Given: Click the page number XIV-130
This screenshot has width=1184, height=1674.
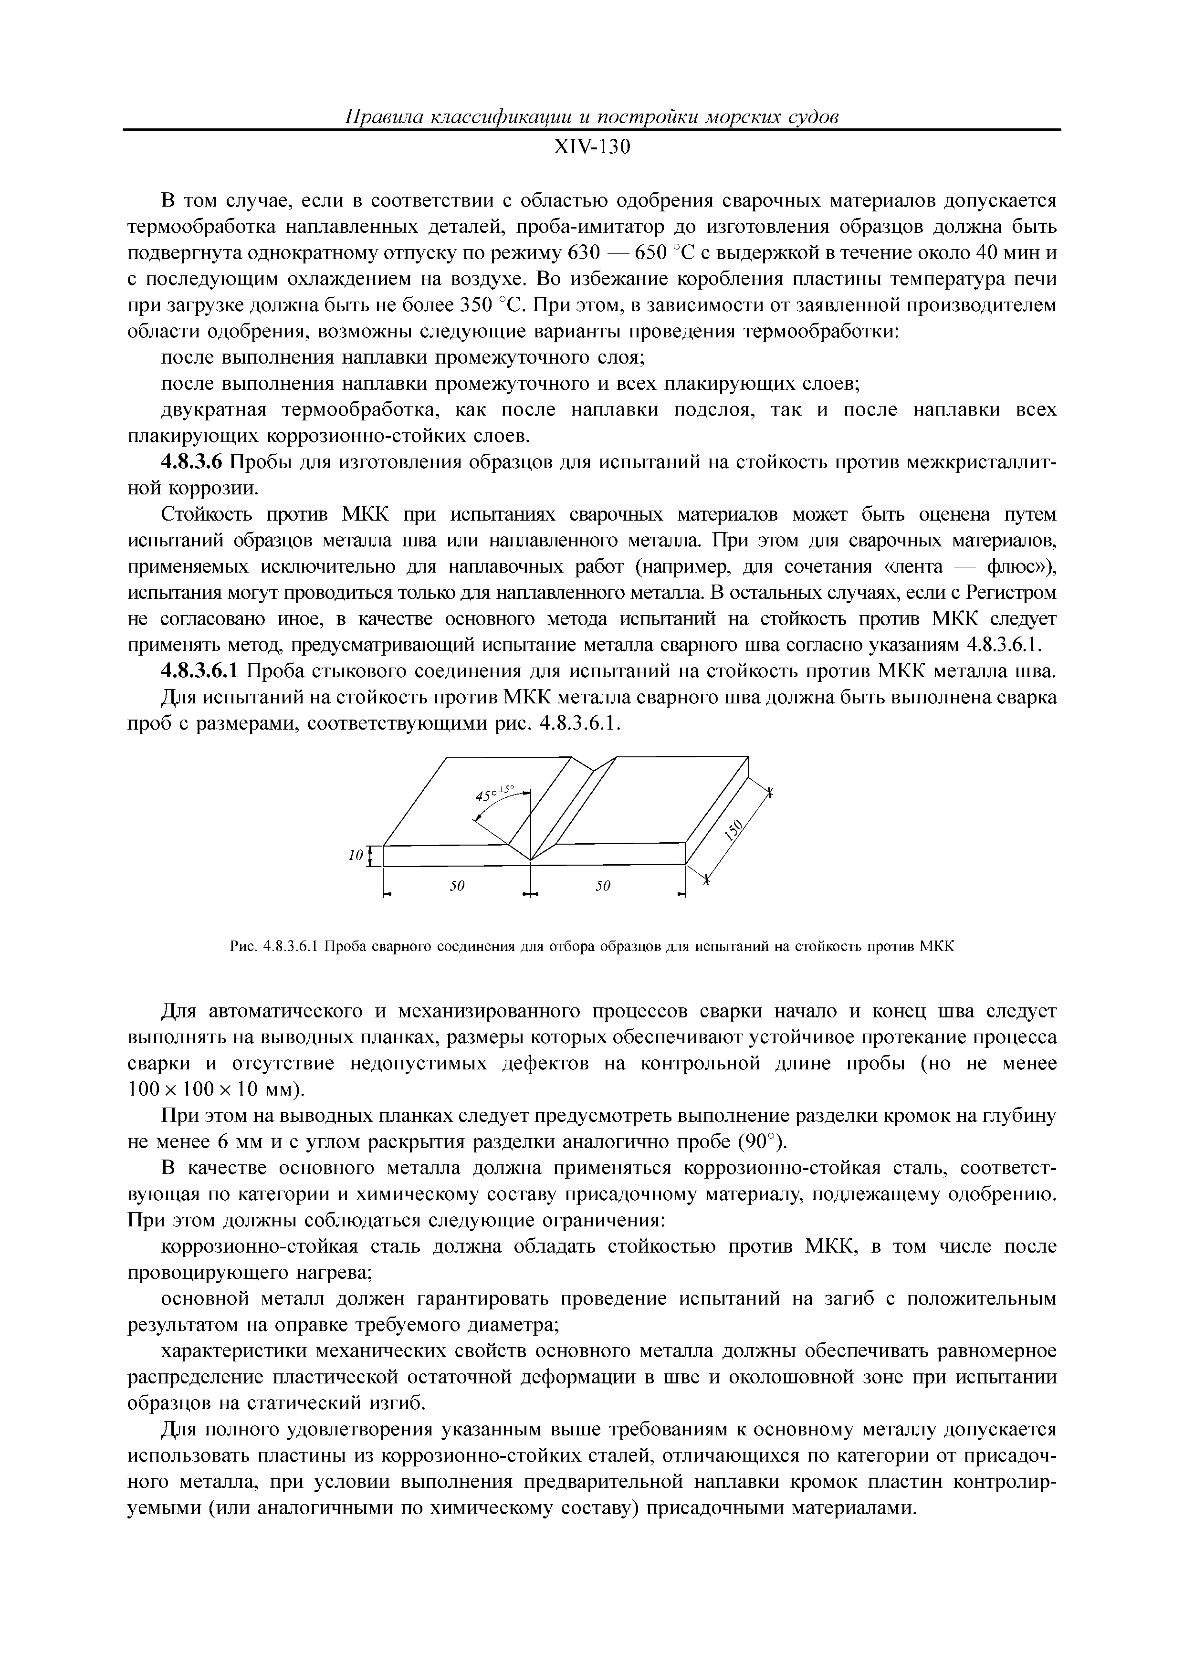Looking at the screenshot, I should tap(591, 147).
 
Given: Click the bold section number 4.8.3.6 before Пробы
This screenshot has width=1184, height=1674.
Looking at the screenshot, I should tap(190, 462).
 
